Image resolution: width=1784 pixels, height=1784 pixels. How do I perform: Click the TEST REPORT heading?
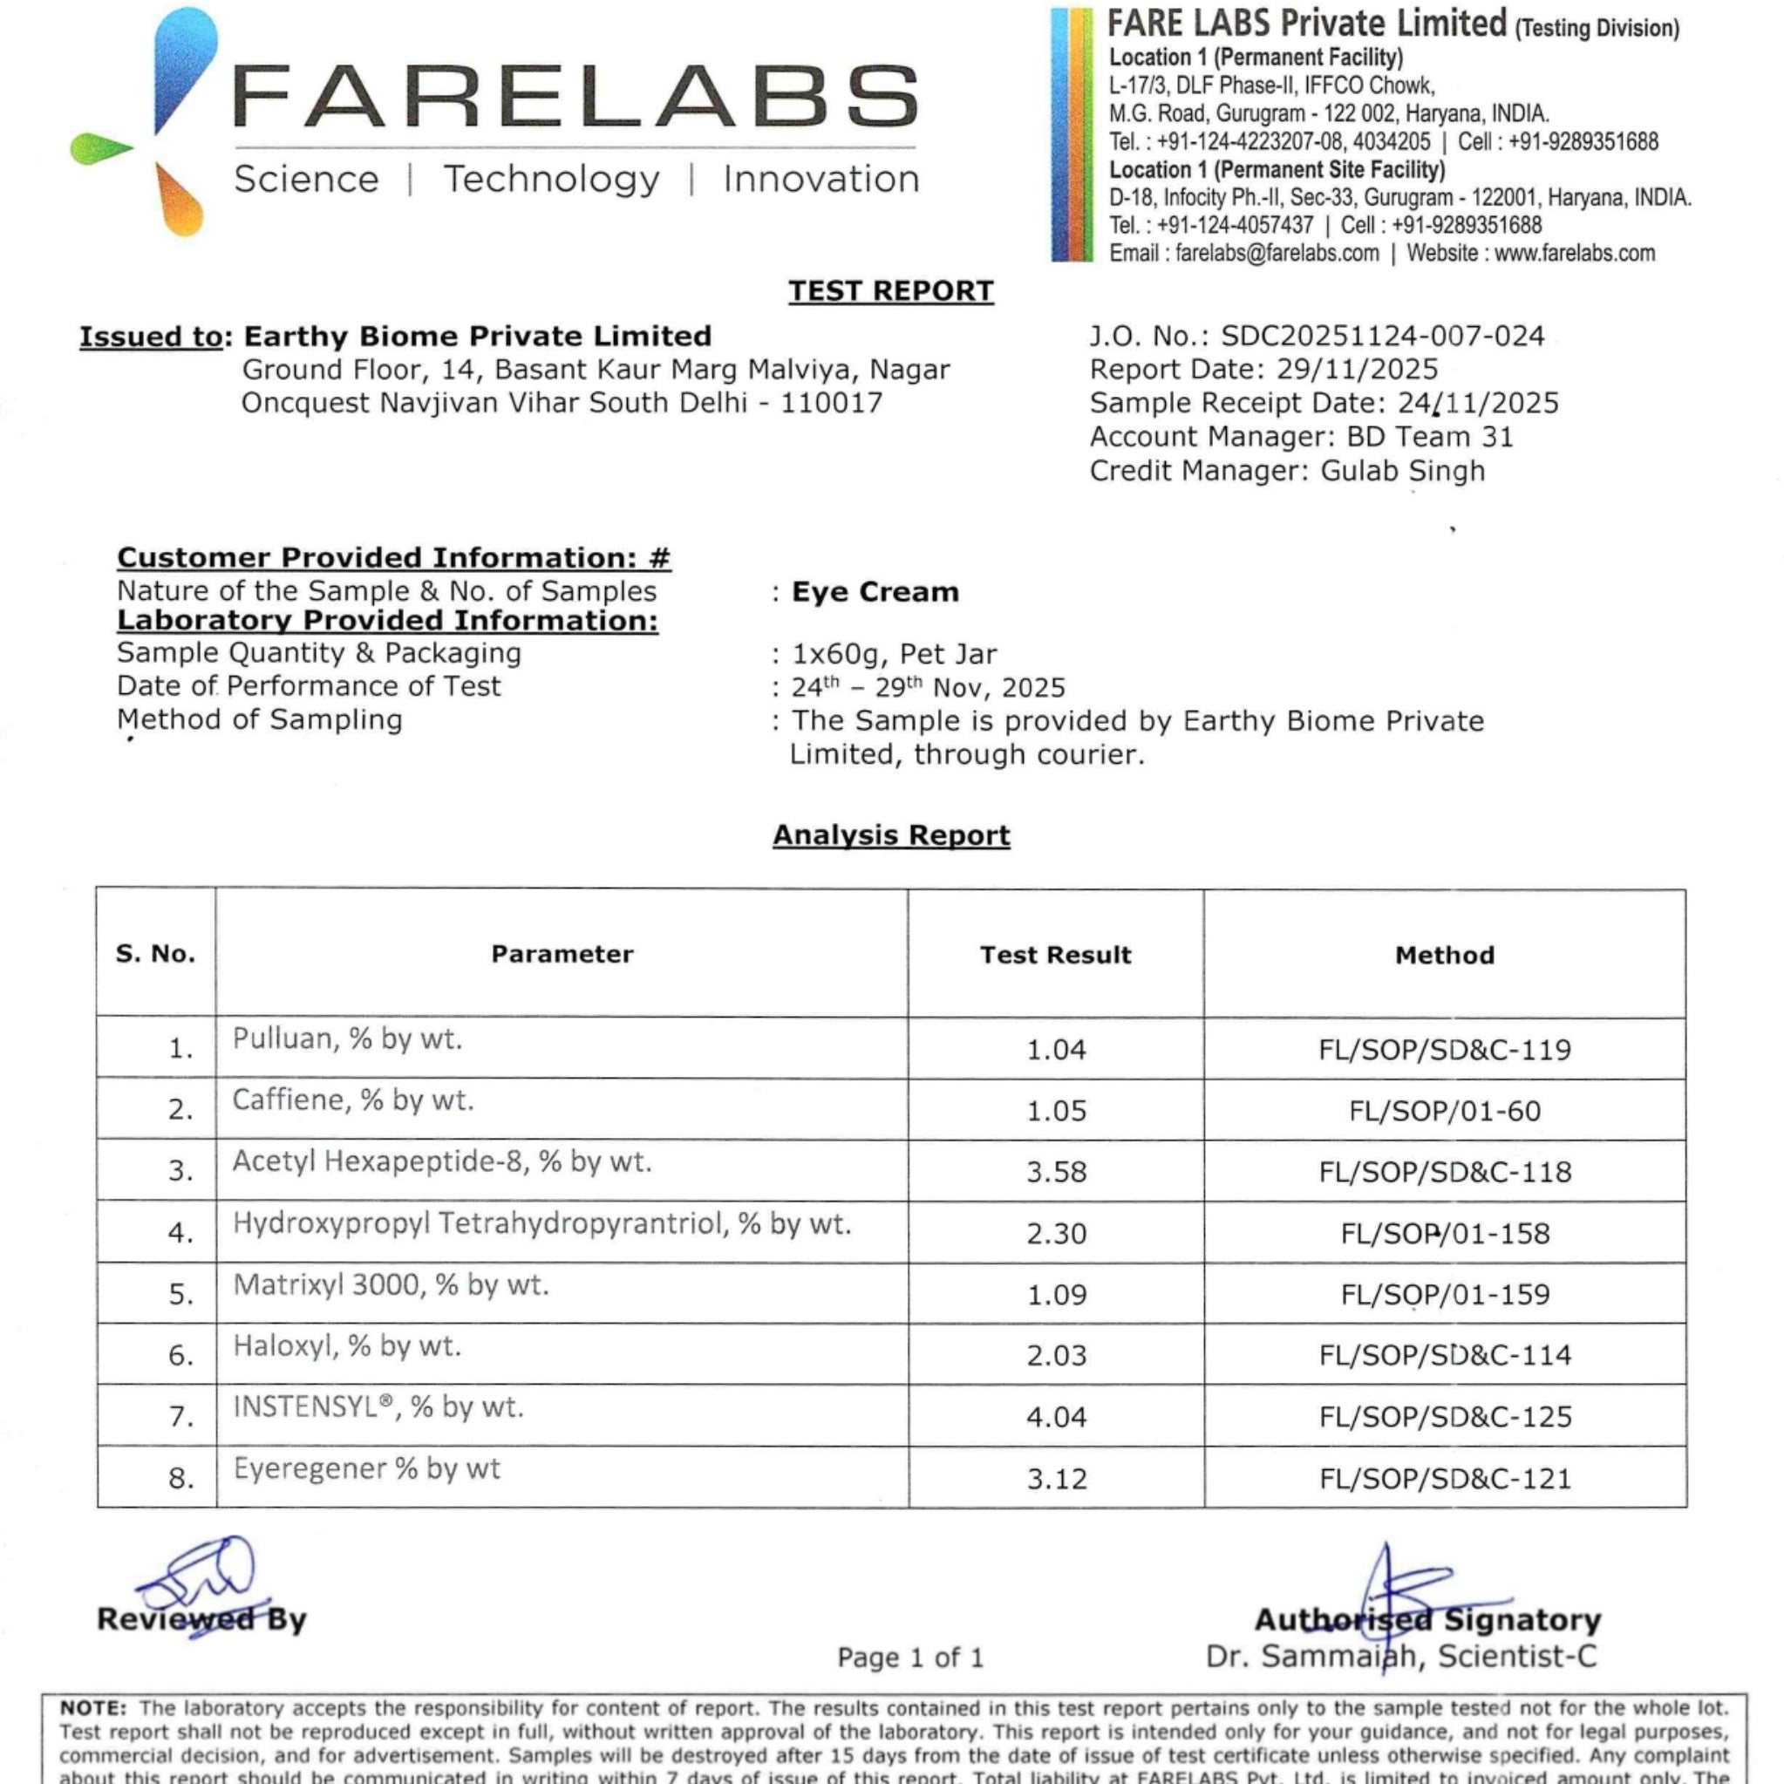point(890,291)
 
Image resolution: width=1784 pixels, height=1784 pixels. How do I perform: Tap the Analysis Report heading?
point(891,834)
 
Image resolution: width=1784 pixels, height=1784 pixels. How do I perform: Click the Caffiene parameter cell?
point(353,1100)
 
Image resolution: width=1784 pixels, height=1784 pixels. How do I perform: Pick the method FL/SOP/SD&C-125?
point(1444,1417)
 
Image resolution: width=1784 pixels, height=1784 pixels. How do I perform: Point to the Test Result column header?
point(1055,955)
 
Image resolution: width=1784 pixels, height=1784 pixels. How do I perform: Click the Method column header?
point(1444,955)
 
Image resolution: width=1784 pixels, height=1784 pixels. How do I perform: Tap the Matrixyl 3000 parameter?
point(391,1285)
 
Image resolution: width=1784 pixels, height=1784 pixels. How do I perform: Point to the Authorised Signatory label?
point(1427,1619)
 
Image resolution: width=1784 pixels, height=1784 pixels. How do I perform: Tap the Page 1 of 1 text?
point(909,1658)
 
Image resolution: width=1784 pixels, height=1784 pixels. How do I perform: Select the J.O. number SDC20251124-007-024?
point(1382,336)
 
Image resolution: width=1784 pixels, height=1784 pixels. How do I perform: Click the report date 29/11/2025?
point(1357,370)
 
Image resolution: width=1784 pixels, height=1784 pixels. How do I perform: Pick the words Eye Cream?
point(875,592)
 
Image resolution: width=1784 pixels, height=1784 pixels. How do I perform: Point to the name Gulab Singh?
point(1403,471)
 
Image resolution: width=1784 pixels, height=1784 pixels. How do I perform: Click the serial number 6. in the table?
point(181,1356)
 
